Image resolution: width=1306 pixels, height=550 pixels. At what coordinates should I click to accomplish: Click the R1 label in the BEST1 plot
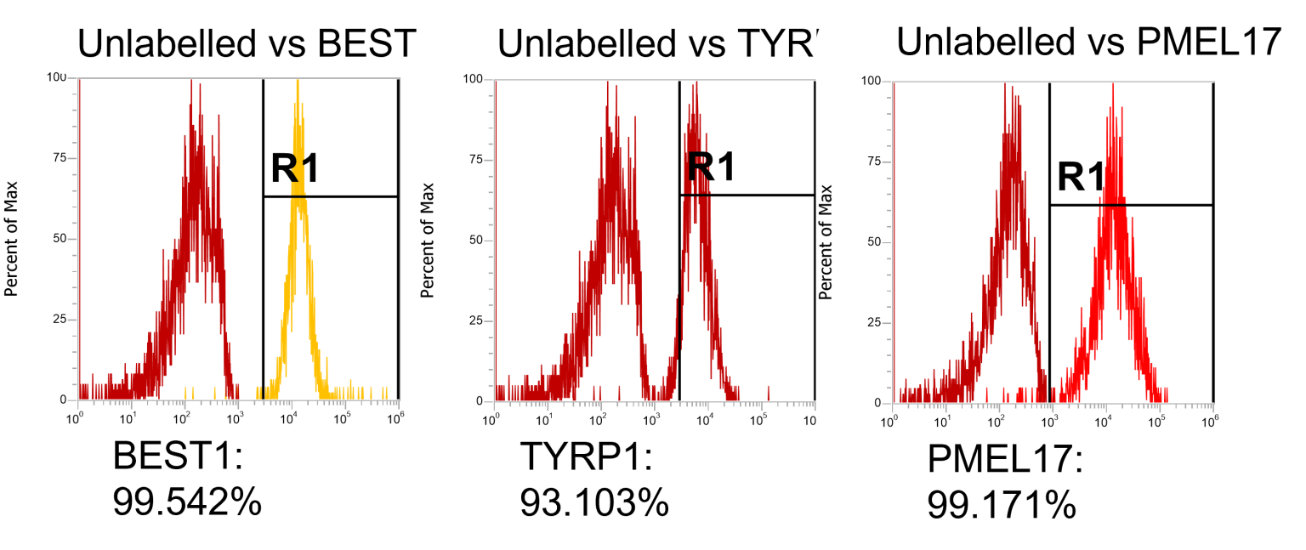tap(294, 169)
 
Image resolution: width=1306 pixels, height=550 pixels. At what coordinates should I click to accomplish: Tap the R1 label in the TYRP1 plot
tap(711, 167)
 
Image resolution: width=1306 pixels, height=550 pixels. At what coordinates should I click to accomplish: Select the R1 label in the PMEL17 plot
tap(1081, 177)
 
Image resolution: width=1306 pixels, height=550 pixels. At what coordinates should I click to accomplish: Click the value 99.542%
tap(187, 502)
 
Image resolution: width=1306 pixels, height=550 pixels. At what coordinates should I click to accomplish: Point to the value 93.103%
tap(594, 502)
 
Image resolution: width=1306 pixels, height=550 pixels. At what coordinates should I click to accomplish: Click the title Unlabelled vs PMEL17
tap(1088, 42)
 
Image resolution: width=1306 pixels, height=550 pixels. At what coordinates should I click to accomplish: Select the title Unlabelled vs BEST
tap(247, 44)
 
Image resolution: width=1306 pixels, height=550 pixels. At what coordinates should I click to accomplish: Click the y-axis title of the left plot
tap(12, 239)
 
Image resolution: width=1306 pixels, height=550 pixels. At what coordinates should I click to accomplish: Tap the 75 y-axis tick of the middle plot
tap(479, 160)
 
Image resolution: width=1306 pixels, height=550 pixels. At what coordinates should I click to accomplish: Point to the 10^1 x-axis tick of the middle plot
tap(547, 419)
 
